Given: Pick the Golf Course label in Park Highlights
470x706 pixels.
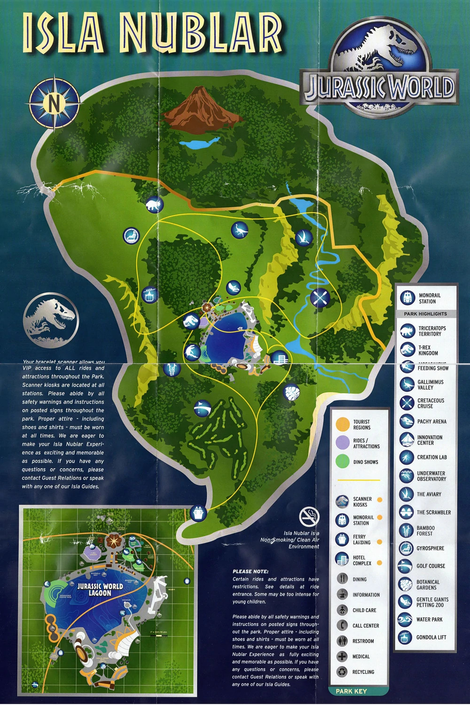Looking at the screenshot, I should pos(431,566).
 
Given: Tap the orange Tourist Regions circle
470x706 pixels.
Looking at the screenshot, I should pos(343,424).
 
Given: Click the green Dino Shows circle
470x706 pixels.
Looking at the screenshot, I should pos(343,461).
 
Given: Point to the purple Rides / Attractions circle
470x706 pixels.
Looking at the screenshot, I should pos(343,443).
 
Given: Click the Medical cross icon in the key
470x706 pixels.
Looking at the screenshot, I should pos(342,656).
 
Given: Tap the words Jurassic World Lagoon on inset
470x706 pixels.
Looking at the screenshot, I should pos(100,589).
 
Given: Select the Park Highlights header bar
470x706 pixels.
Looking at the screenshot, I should pos(425,314).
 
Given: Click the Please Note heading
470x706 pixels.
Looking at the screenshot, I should pos(251,571).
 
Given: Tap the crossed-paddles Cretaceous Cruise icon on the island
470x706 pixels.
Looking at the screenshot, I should pos(320,297).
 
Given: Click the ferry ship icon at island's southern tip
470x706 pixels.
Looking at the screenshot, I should pos(198,512).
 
